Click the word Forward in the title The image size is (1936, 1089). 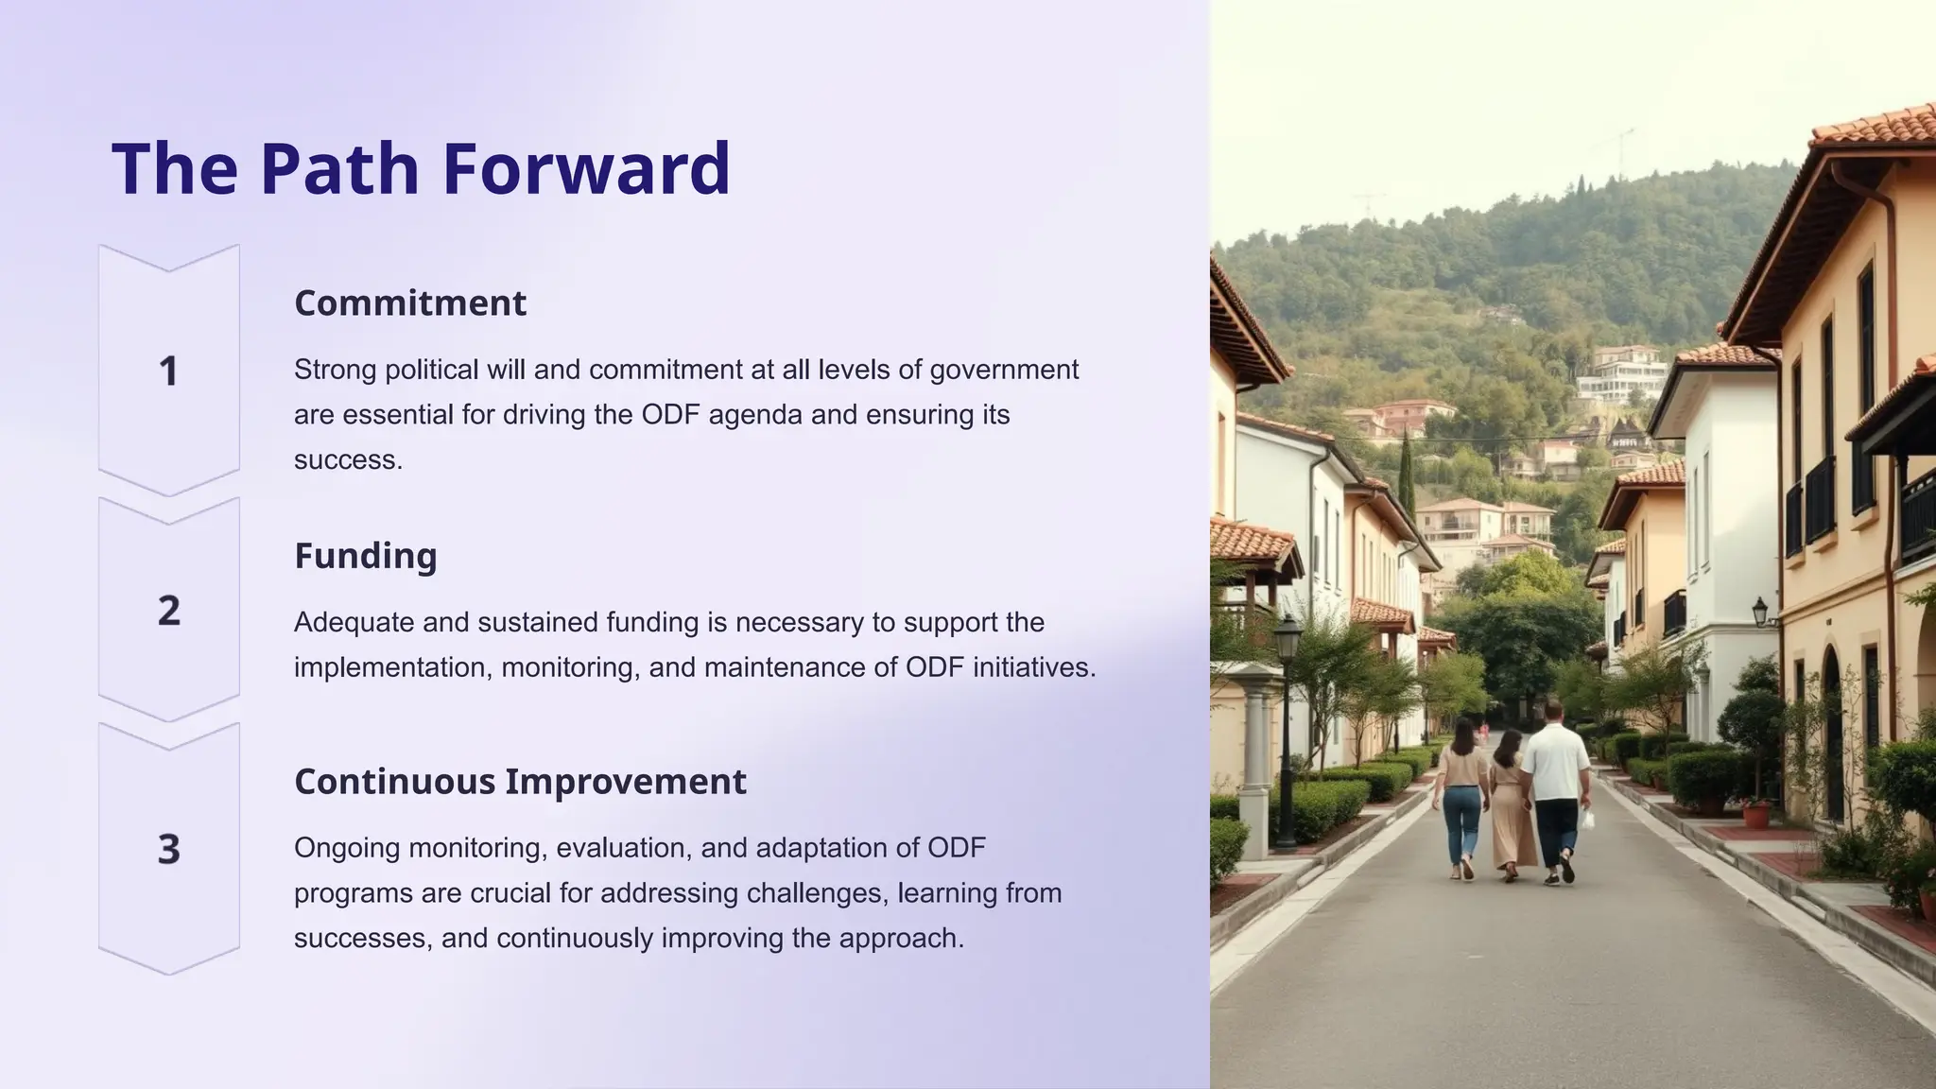point(586,168)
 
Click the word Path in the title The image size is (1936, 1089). point(339,168)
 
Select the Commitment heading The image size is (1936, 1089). point(410,303)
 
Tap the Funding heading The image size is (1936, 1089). point(366,556)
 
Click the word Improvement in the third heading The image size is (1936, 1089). point(625,782)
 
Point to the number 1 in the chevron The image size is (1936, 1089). point(168,372)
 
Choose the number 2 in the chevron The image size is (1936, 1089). point(168,611)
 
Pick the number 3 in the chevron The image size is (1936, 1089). point(168,849)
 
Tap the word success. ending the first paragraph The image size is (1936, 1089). point(348,460)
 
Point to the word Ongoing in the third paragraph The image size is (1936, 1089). point(346,848)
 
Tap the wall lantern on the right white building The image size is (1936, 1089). point(1760,612)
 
